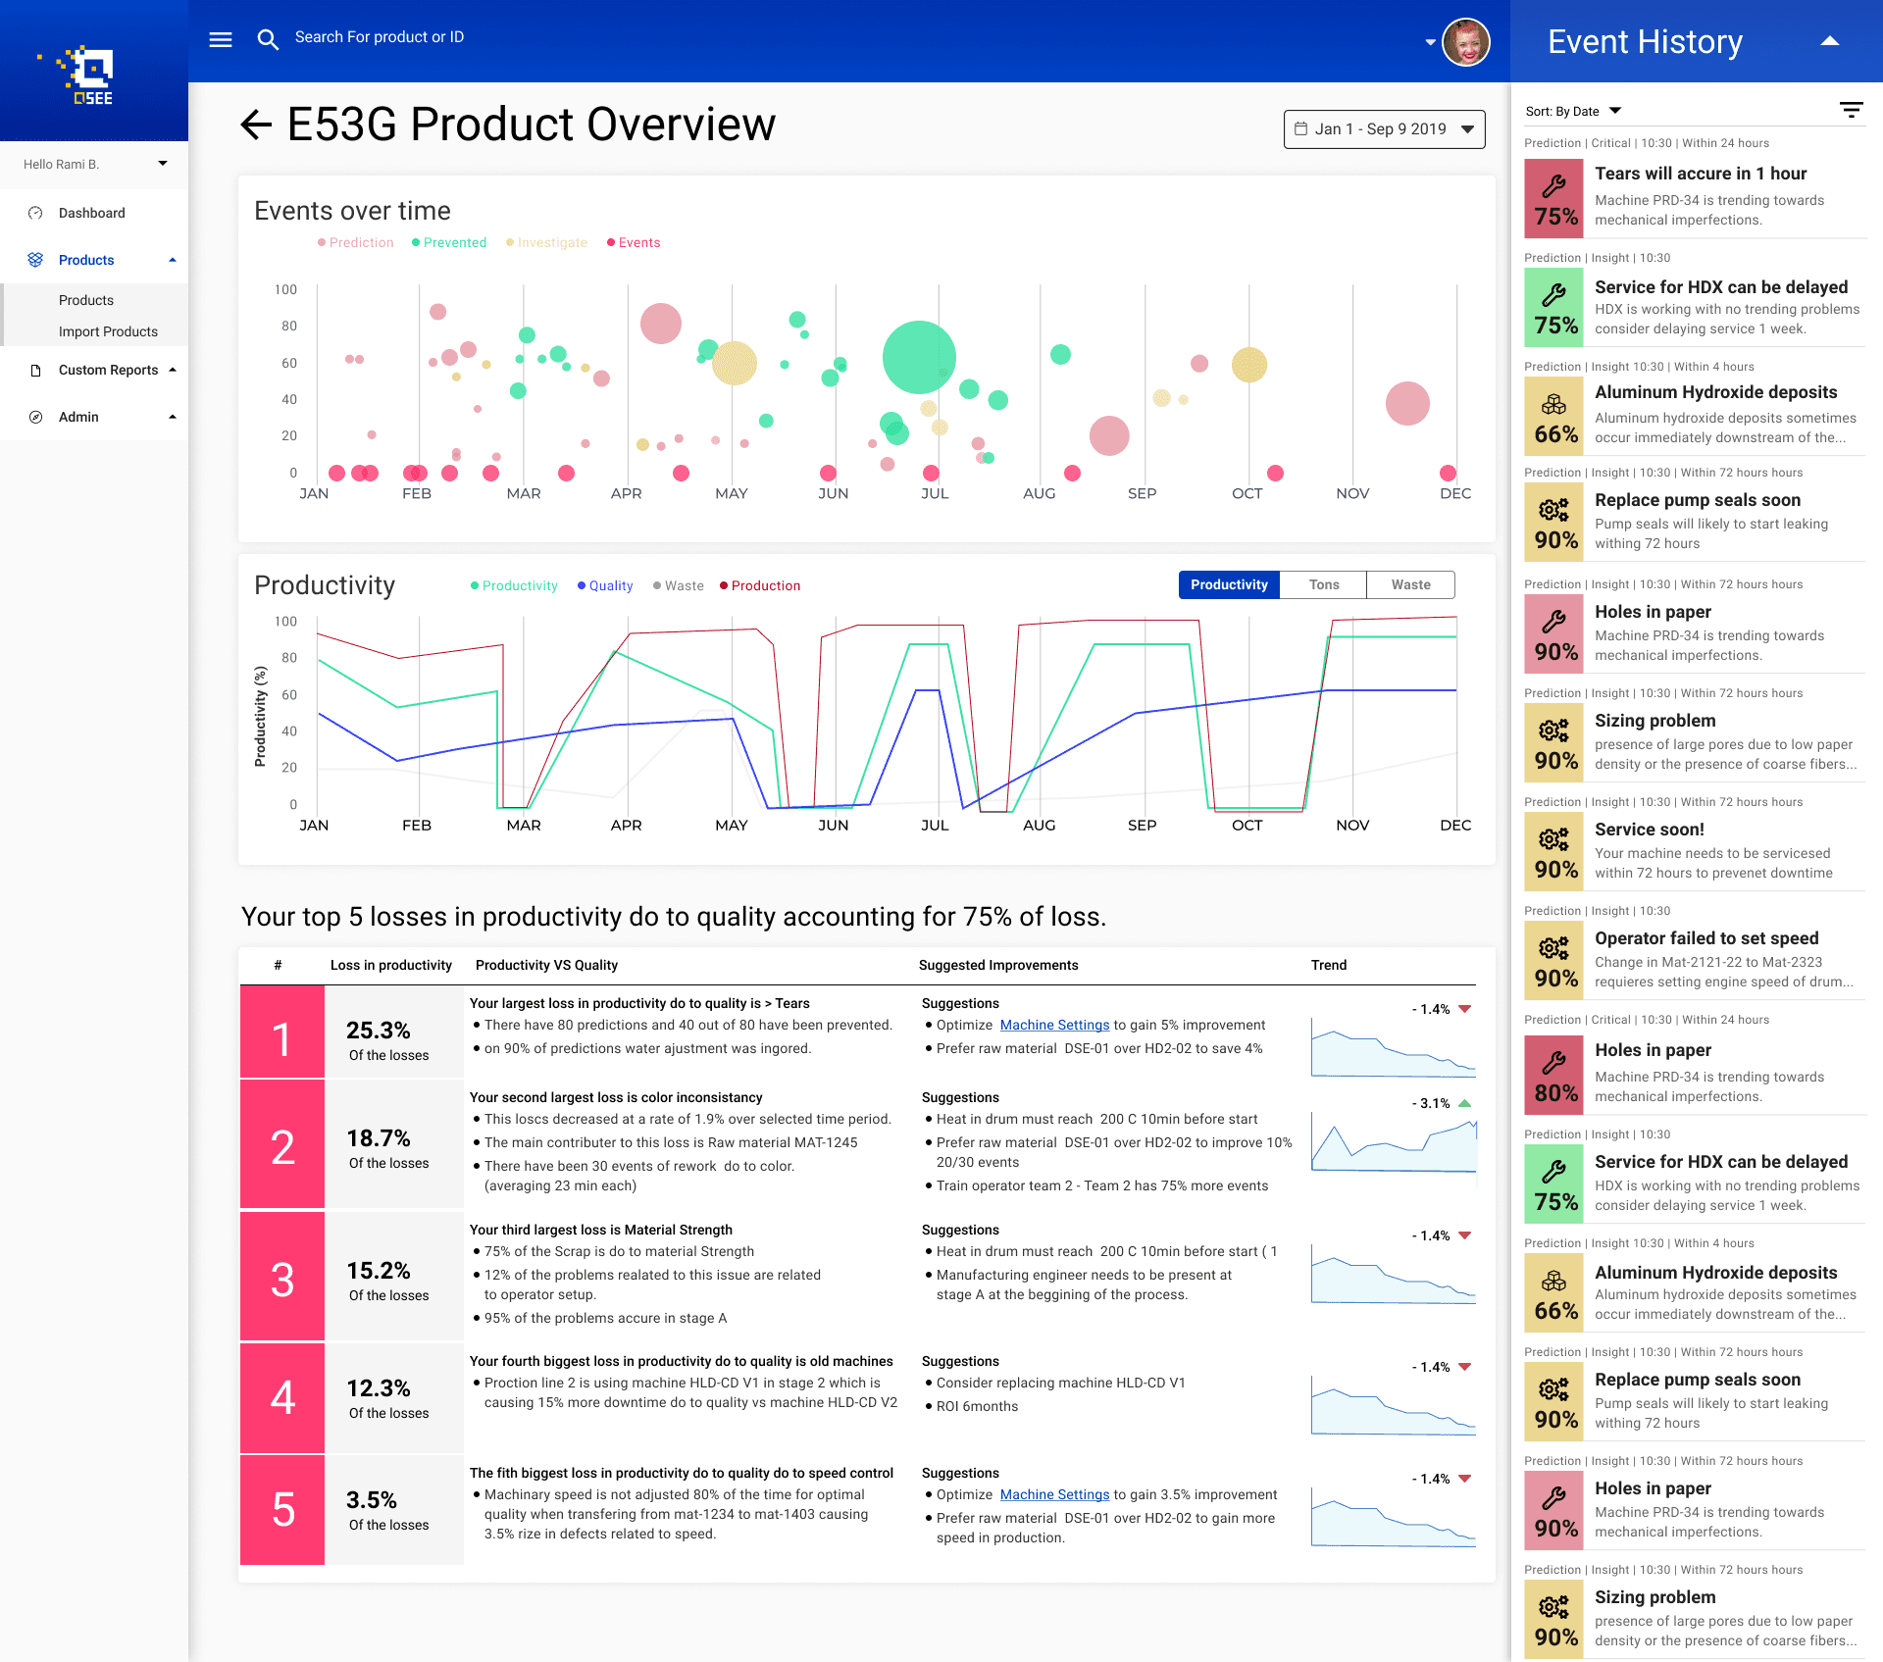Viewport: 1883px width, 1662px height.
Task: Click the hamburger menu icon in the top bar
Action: pos(221,39)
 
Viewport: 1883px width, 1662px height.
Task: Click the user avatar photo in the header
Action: pos(1465,42)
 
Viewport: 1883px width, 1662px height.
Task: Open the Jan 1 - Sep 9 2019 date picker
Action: pos(1384,129)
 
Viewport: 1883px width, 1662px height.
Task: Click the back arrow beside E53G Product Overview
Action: pos(256,125)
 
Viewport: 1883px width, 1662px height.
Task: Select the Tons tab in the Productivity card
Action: pos(1323,585)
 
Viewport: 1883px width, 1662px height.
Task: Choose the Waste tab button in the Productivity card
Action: pos(1410,585)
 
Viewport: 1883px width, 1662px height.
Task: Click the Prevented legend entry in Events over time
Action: pos(449,243)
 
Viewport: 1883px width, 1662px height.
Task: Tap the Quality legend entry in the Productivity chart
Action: pos(605,586)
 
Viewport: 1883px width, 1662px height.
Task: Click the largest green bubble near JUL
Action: pos(919,357)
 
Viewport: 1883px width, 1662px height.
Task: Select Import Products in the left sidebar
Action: pos(108,331)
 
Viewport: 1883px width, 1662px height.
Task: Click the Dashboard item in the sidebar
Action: pos(92,213)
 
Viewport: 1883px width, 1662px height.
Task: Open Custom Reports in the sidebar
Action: pos(108,370)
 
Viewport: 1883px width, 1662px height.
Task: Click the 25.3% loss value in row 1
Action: pos(378,1031)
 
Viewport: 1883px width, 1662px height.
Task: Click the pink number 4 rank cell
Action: pos(282,1397)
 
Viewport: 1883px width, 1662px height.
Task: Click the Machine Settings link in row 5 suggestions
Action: pos(1054,1494)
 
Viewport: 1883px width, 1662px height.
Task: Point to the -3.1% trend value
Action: pos(1431,1103)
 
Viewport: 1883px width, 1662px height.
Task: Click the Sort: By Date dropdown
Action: pos(1573,111)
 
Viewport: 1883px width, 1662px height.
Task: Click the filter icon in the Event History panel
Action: pos(1851,110)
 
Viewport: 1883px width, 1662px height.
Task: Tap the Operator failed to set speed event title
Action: pos(1706,938)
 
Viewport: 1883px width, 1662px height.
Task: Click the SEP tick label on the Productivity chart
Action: pos(1142,826)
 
